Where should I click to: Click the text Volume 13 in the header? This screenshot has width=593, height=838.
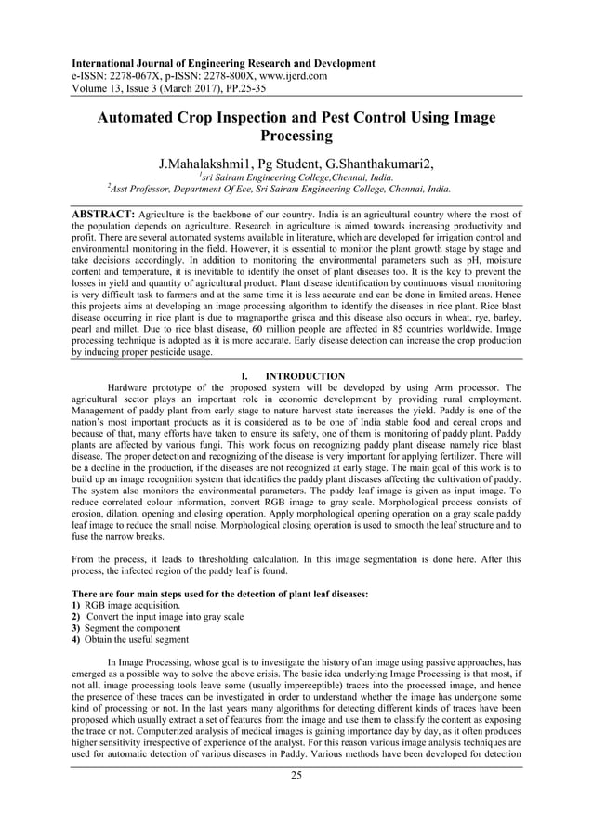coord(98,91)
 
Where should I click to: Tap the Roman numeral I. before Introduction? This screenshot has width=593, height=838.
coord(244,376)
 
